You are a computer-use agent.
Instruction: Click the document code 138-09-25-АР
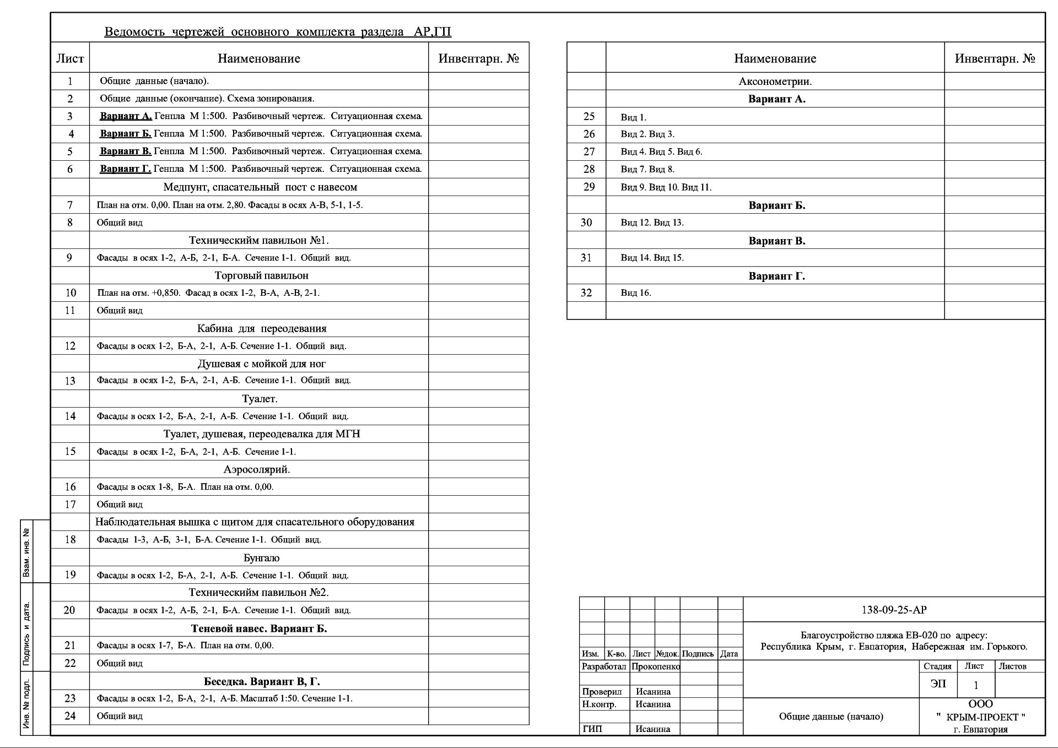(x=894, y=610)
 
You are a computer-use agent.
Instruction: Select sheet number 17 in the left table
(x=70, y=505)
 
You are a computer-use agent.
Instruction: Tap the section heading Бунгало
(x=261, y=558)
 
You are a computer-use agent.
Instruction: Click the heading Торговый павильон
(x=261, y=275)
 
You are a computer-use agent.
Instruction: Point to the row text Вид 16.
(x=636, y=293)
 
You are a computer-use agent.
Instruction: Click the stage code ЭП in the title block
(x=938, y=684)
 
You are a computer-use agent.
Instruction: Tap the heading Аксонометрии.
(x=775, y=82)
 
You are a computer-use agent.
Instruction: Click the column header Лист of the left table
(x=70, y=58)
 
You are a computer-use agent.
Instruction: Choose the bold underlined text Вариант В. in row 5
(x=125, y=151)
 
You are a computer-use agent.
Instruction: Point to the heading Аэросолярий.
(x=257, y=470)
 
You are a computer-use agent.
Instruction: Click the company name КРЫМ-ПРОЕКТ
(x=981, y=717)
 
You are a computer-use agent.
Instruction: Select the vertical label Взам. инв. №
(x=26, y=551)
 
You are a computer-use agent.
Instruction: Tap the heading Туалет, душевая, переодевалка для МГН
(x=262, y=434)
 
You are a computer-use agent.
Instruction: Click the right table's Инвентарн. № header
(x=995, y=58)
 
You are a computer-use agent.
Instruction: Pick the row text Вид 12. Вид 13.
(x=652, y=223)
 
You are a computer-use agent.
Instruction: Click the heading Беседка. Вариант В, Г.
(x=262, y=682)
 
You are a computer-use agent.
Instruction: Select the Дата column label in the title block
(x=729, y=654)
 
